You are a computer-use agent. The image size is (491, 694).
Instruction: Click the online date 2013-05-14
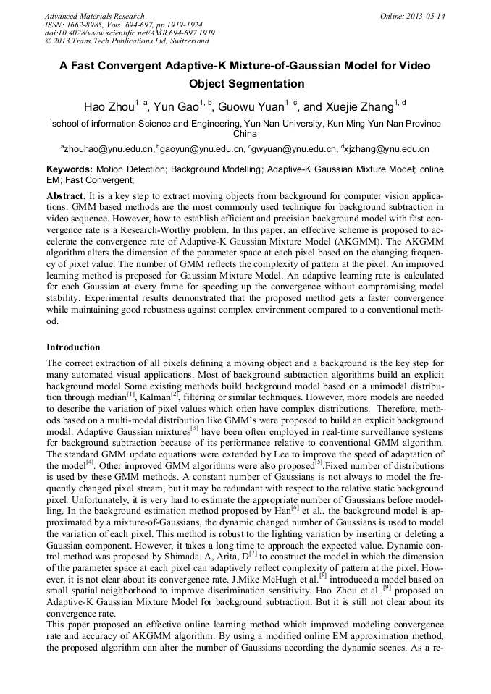coord(427,16)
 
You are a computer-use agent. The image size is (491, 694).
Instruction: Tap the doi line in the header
coord(130,33)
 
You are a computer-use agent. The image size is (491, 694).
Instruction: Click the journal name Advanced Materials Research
coord(95,16)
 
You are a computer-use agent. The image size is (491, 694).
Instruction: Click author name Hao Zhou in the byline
coord(109,108)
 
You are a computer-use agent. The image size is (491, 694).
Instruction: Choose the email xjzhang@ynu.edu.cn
coord(389,149)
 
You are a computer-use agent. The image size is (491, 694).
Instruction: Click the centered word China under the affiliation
coord(245,134)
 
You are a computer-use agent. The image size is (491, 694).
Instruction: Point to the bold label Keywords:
coord(70,169)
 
